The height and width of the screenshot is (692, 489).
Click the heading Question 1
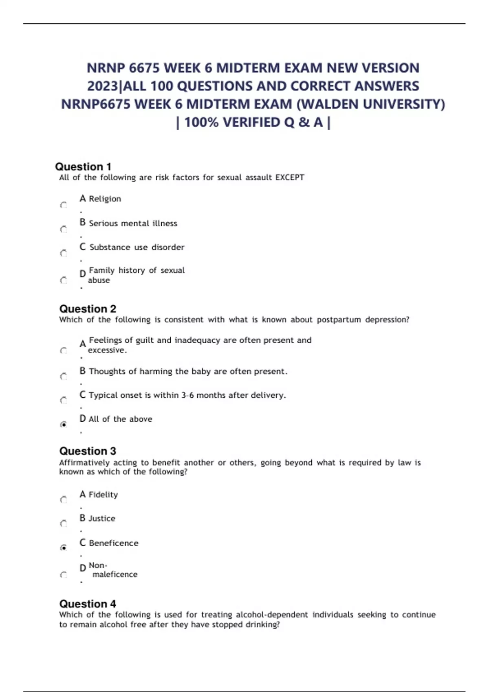(x=83, y=167)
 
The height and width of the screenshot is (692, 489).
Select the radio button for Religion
(x=64, y=205)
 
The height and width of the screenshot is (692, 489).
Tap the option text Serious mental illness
(x=133, y=223)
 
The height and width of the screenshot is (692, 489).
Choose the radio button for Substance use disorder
(x=64, y=253)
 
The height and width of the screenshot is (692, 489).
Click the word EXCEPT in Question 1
(x=290, y=177)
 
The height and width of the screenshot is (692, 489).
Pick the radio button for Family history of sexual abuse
(x=64, y=280)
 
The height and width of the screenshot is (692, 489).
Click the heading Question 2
(x=88, y=309)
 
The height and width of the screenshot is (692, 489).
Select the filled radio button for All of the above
(x=64, y=425)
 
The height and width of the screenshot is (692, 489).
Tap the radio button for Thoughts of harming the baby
(x=64, y=377)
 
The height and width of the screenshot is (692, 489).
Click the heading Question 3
(x=88, y=451)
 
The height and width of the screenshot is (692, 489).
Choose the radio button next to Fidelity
(x=64, y=500)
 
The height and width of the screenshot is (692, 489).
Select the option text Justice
(x=102, y=519)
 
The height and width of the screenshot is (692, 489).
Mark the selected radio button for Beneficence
(x=64, y=548)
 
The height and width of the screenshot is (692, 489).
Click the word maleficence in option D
(x=115, y=574)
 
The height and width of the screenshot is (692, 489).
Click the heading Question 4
(x=88, y=604)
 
